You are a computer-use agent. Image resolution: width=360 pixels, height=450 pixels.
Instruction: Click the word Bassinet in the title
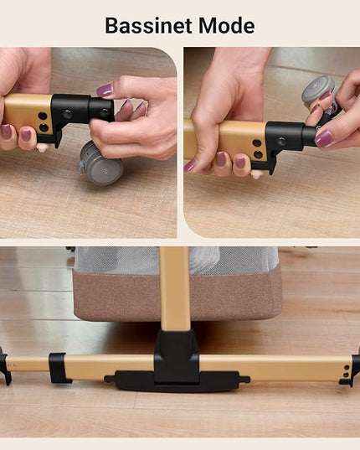148,25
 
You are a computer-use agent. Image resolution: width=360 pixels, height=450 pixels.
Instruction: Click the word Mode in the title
226,25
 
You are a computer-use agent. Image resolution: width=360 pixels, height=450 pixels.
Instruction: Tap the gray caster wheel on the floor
101,163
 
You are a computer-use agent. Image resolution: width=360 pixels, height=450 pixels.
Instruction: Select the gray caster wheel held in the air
320,92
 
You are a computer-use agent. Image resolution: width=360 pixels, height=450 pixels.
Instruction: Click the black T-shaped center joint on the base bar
177,356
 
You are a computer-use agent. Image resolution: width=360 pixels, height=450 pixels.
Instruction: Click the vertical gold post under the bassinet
175,288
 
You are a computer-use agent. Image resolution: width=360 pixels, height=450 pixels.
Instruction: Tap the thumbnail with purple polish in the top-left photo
105,90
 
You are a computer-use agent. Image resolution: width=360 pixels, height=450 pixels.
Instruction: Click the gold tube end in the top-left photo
28,113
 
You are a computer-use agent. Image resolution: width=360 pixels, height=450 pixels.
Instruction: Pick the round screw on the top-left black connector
68,114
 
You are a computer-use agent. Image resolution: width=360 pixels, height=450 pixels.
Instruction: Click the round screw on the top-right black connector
281,141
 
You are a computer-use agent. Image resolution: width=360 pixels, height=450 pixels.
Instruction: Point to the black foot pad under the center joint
177,381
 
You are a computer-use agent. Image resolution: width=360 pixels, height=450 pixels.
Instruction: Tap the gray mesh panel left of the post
117,261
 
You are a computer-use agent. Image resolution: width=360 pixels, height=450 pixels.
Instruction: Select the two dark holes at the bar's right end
347,370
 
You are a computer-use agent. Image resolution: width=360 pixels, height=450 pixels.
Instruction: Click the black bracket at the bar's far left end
5,365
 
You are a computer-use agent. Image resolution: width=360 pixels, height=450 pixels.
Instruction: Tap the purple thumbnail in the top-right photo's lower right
324,139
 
